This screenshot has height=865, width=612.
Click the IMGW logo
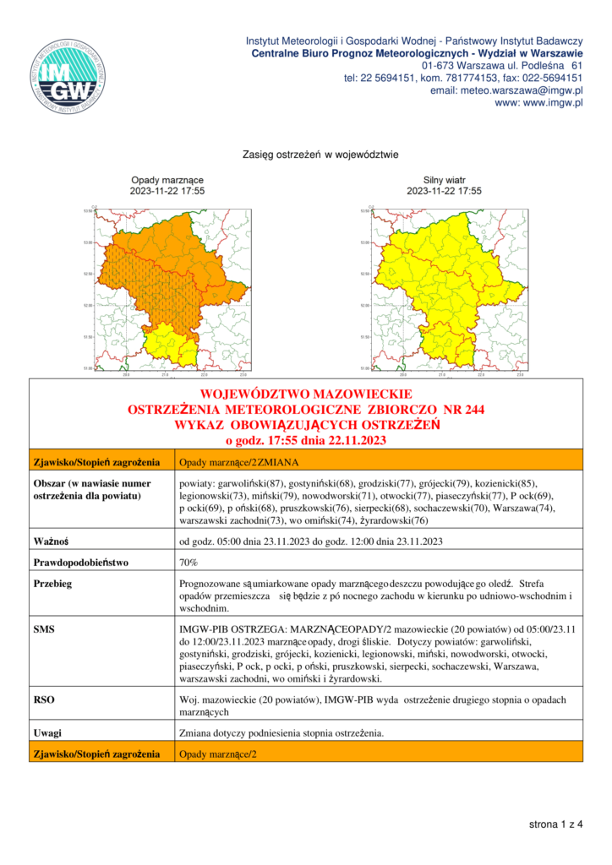click(x=68, y=76)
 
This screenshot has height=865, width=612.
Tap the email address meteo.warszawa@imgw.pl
click(x=507, y=90)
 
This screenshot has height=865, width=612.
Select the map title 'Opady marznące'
click(x=167, y=181)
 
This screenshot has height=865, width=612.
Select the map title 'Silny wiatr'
click(x=444, y=181)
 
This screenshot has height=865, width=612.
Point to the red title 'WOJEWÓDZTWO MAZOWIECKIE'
click(x=306, y=394)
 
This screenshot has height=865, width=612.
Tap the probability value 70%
click(x=189, y=562)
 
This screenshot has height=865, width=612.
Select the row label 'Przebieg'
click(x=51, y=584)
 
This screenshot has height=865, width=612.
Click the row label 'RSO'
click(x=43, y=699)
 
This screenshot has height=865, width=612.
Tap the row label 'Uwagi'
click(x=47, y=732)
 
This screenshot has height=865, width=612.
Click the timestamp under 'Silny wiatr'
click(x=444, y=192)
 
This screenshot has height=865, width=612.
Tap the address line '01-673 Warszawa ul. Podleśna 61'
click(x=502, y=66)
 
